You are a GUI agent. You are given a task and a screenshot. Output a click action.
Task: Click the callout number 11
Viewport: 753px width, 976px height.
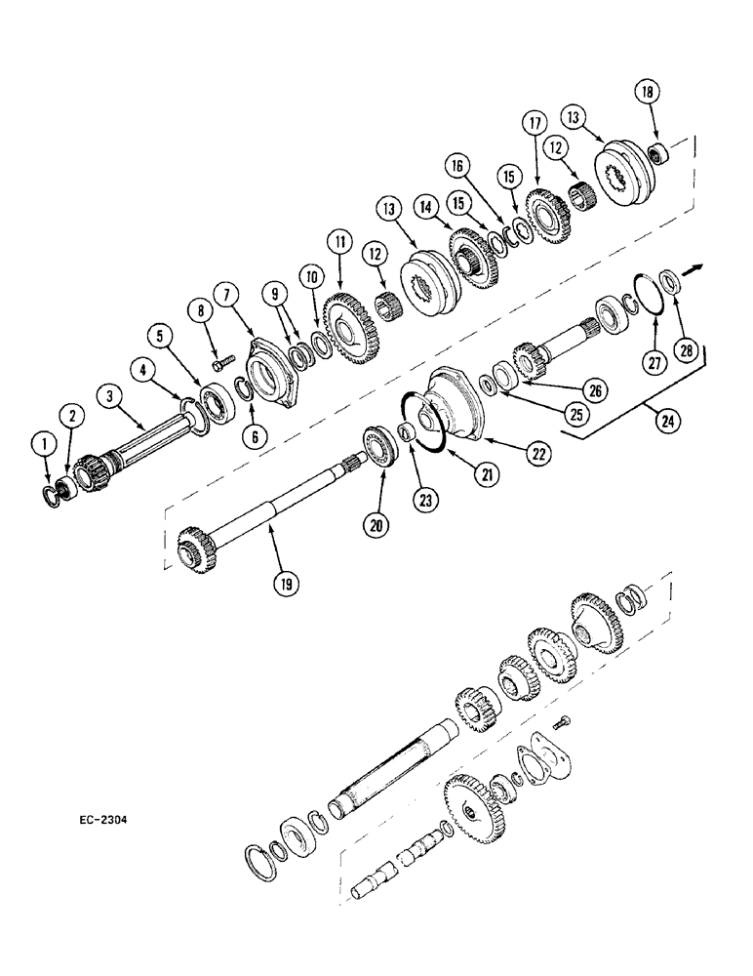(339, 238)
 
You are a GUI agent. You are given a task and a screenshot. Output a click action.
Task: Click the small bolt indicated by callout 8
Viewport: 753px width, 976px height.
(219, 359)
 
